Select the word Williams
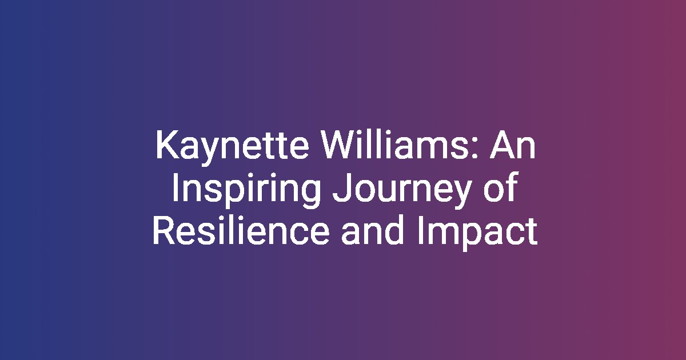coord(393,145)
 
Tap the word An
coord(513,145)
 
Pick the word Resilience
coord(241,230)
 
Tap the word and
coord(372,230)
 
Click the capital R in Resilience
coord(164,230)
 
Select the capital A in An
coord(502,145)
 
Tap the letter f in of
coord(512,187)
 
